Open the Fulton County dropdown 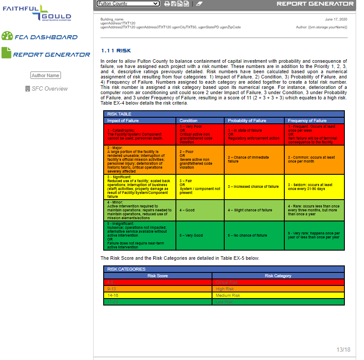(x=128, y=3)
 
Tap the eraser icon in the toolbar (x=199, y=3)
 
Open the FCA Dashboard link (x=40, y=37)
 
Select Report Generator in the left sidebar (x=46, y=54)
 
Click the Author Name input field (x=46, y=75)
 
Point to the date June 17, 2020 (x=336, y=20)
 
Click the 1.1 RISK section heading (x=116, y=51)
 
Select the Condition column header (x=189, y=120)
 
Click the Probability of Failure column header (x=246, y=120)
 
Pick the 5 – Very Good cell (x=191, y=235)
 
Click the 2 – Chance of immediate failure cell (x=249, y=159)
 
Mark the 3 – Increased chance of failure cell (x=253, y=187)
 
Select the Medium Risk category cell (x=228, y=295)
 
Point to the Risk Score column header (x=158, y=275)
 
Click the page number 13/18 (x=343, y=350)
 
